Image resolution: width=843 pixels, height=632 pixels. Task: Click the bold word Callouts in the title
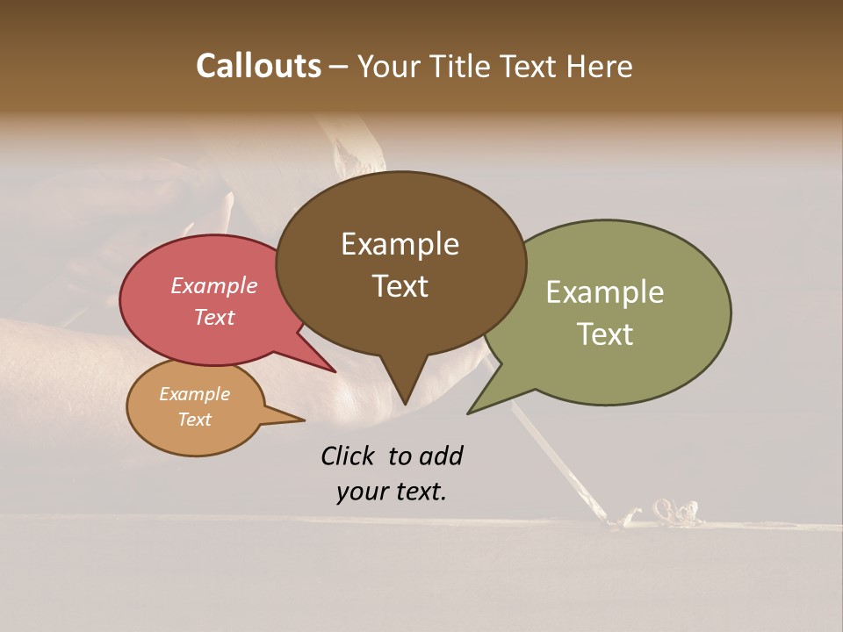258,66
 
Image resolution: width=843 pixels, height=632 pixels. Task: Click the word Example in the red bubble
213,285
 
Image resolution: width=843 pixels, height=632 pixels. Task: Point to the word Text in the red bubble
213,317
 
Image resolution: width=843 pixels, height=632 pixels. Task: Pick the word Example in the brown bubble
400,244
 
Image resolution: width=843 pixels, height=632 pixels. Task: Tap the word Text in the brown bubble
400,286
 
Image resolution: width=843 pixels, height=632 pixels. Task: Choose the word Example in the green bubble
605,292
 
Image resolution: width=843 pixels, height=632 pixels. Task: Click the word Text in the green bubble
605,334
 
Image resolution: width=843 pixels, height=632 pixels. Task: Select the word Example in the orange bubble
194,394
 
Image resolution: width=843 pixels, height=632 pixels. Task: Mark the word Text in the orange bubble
194,420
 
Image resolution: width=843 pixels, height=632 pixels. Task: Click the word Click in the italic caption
349,456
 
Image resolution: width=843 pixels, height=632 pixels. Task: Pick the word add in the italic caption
440,456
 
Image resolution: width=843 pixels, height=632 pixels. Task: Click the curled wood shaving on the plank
672,513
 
